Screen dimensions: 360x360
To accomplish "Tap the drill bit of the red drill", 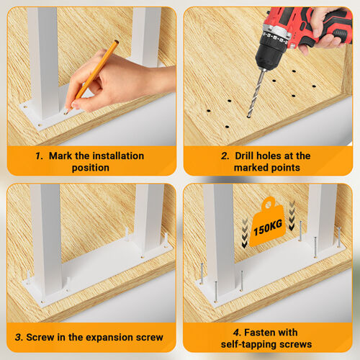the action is pyautogui.click(x=256, y=93).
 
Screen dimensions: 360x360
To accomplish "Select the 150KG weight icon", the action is pyautogui.click(x=268, y=222).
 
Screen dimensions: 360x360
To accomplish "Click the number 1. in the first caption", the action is pyautogui.click(x=39, y=156).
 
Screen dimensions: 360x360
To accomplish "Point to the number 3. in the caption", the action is pyautogui.click(x=19, y=337).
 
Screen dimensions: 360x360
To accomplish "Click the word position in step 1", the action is pyautogui.click(x=91, y=168).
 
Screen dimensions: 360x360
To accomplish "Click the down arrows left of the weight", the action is pyautogui.click(x=245, y=233).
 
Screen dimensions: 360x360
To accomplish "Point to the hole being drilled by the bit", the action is pyautogui.click(x=248, y=117).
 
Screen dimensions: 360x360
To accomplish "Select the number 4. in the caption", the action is pyautogui.click(x=237, y=333).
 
